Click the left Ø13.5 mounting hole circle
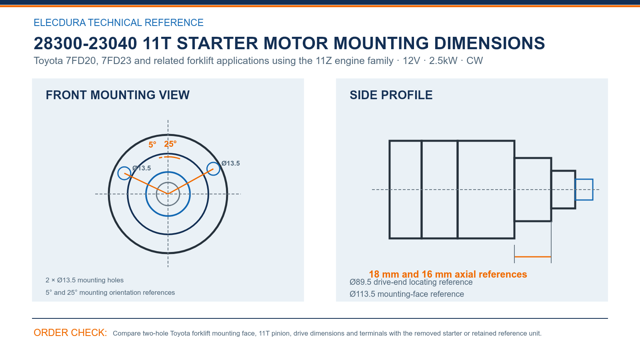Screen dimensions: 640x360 click(x=118, y=173)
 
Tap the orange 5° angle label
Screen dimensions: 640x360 click(x=152, y=145)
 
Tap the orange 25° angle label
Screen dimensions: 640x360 click(x=170, y=144)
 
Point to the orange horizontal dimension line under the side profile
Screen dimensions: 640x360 click(x=532, y=257)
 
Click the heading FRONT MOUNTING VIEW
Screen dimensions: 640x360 click(x=118, y=95)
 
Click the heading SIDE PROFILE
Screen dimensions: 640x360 click(x=391, y=95)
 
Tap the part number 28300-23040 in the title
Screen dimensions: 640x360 click(x=85, y=44)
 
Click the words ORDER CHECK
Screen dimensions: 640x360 click(x=70, y=333)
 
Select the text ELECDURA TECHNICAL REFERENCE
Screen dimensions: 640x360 click(x=118, y=22)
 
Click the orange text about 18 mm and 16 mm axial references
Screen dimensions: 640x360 click(x=448, y=274)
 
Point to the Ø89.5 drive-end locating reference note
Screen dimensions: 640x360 click(x=411, y=282)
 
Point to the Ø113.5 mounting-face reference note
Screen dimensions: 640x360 click(x=406, y=294)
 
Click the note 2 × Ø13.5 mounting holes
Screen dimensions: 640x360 click(x=84, y=280)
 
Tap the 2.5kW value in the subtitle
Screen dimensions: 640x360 click(x=443, y=61)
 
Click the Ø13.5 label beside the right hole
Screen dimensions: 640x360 click(x=230, y=164)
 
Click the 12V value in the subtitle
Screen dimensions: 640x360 click(x=411, y=61)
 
